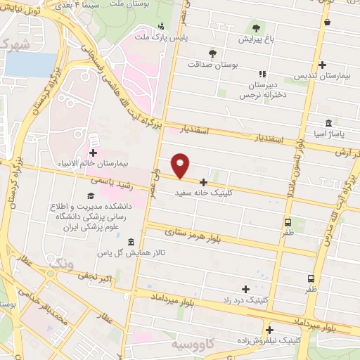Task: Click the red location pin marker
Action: coord(181,165)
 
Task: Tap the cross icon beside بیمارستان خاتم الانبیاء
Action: coord(94,152)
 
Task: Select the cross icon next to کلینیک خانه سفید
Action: coord(203,182)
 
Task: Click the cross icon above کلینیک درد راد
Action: coord(245,289)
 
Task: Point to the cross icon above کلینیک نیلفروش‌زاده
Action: coord(269,330)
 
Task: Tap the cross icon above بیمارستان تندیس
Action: coord(321,64)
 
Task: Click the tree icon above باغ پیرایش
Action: coord(255,28)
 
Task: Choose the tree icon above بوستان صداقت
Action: coord(212,53)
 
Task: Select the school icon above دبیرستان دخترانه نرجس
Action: coord(262,74)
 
